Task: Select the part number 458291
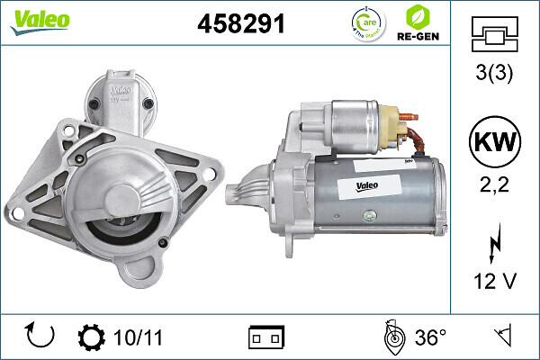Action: pos(240,24)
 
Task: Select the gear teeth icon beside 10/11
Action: pos(92,337)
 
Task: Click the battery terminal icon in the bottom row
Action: pos(266,337)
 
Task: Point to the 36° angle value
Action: pos(430,337)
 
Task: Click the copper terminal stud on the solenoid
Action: pos(410,116)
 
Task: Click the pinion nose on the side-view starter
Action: pos(238,192)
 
